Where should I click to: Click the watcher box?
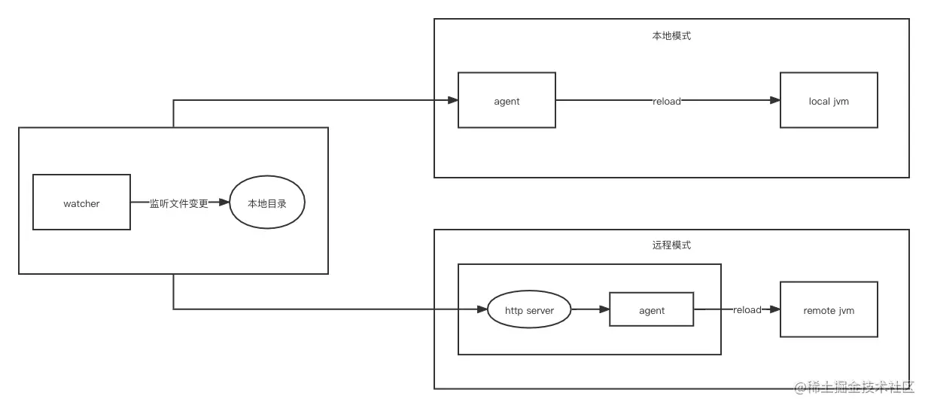point(81,202)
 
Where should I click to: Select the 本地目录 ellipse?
point(267,202)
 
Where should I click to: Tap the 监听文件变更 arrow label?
point(178,203)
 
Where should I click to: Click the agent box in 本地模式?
point(507,100)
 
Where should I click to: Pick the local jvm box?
point(829,100)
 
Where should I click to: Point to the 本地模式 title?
point(671,35)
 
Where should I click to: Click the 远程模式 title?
point(671,245)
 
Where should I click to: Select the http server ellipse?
point(528,310)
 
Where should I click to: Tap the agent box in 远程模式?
point(651,310)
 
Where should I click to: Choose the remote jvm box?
point(829,310)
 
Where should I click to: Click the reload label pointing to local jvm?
point(666,101)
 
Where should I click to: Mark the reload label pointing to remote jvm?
point(747,309)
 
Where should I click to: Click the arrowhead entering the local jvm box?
point(774,100)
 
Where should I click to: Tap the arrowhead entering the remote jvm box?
point(774,309)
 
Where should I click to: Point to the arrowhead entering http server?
point(482,309)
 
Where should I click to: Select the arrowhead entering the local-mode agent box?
point(452,100)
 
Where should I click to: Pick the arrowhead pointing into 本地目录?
point(224,202)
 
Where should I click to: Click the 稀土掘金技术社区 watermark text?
point(860,388)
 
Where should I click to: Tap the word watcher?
point(81,203)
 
